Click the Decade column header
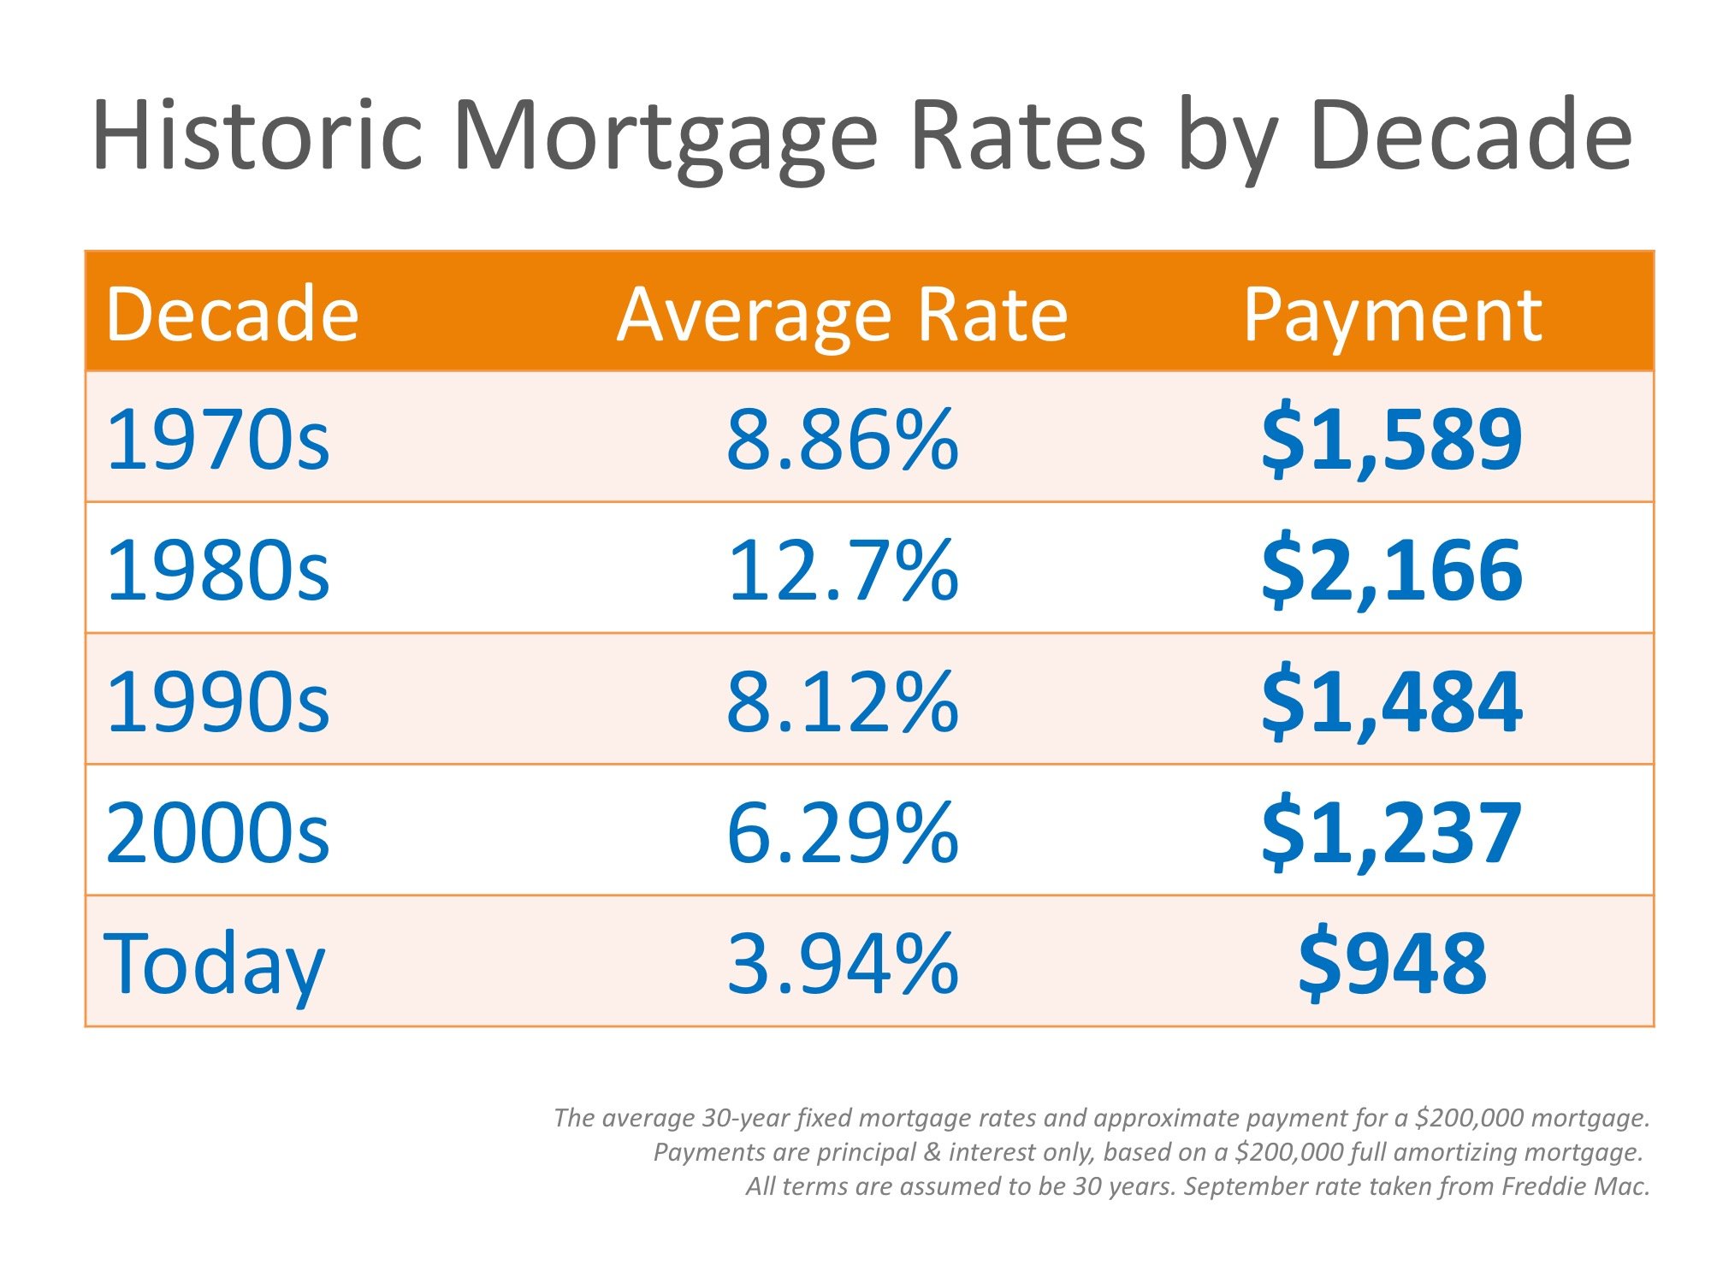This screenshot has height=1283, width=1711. click(232, 315)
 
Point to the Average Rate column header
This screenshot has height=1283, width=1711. click(843, 315)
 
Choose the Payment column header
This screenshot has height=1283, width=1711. click(1392, 315)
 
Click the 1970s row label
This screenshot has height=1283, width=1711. click(217, 440)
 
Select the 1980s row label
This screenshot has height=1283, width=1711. click(217, 571)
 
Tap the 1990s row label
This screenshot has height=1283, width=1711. click(217, 702)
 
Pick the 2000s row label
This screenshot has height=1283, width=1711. click(217, 833)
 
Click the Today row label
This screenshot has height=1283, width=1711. click(214, 965)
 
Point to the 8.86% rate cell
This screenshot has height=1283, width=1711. click(843, 440)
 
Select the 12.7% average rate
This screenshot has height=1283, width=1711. click(843, 571)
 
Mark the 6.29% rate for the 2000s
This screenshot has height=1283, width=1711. click(843, 833)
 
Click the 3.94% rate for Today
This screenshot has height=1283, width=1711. click(843, 964)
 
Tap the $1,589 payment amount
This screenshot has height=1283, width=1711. click(1392, 440)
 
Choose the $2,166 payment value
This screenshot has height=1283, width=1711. click(1392, 571)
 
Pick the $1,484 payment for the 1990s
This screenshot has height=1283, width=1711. click(1392, 702)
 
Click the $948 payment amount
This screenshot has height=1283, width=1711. click(1392, 964)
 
